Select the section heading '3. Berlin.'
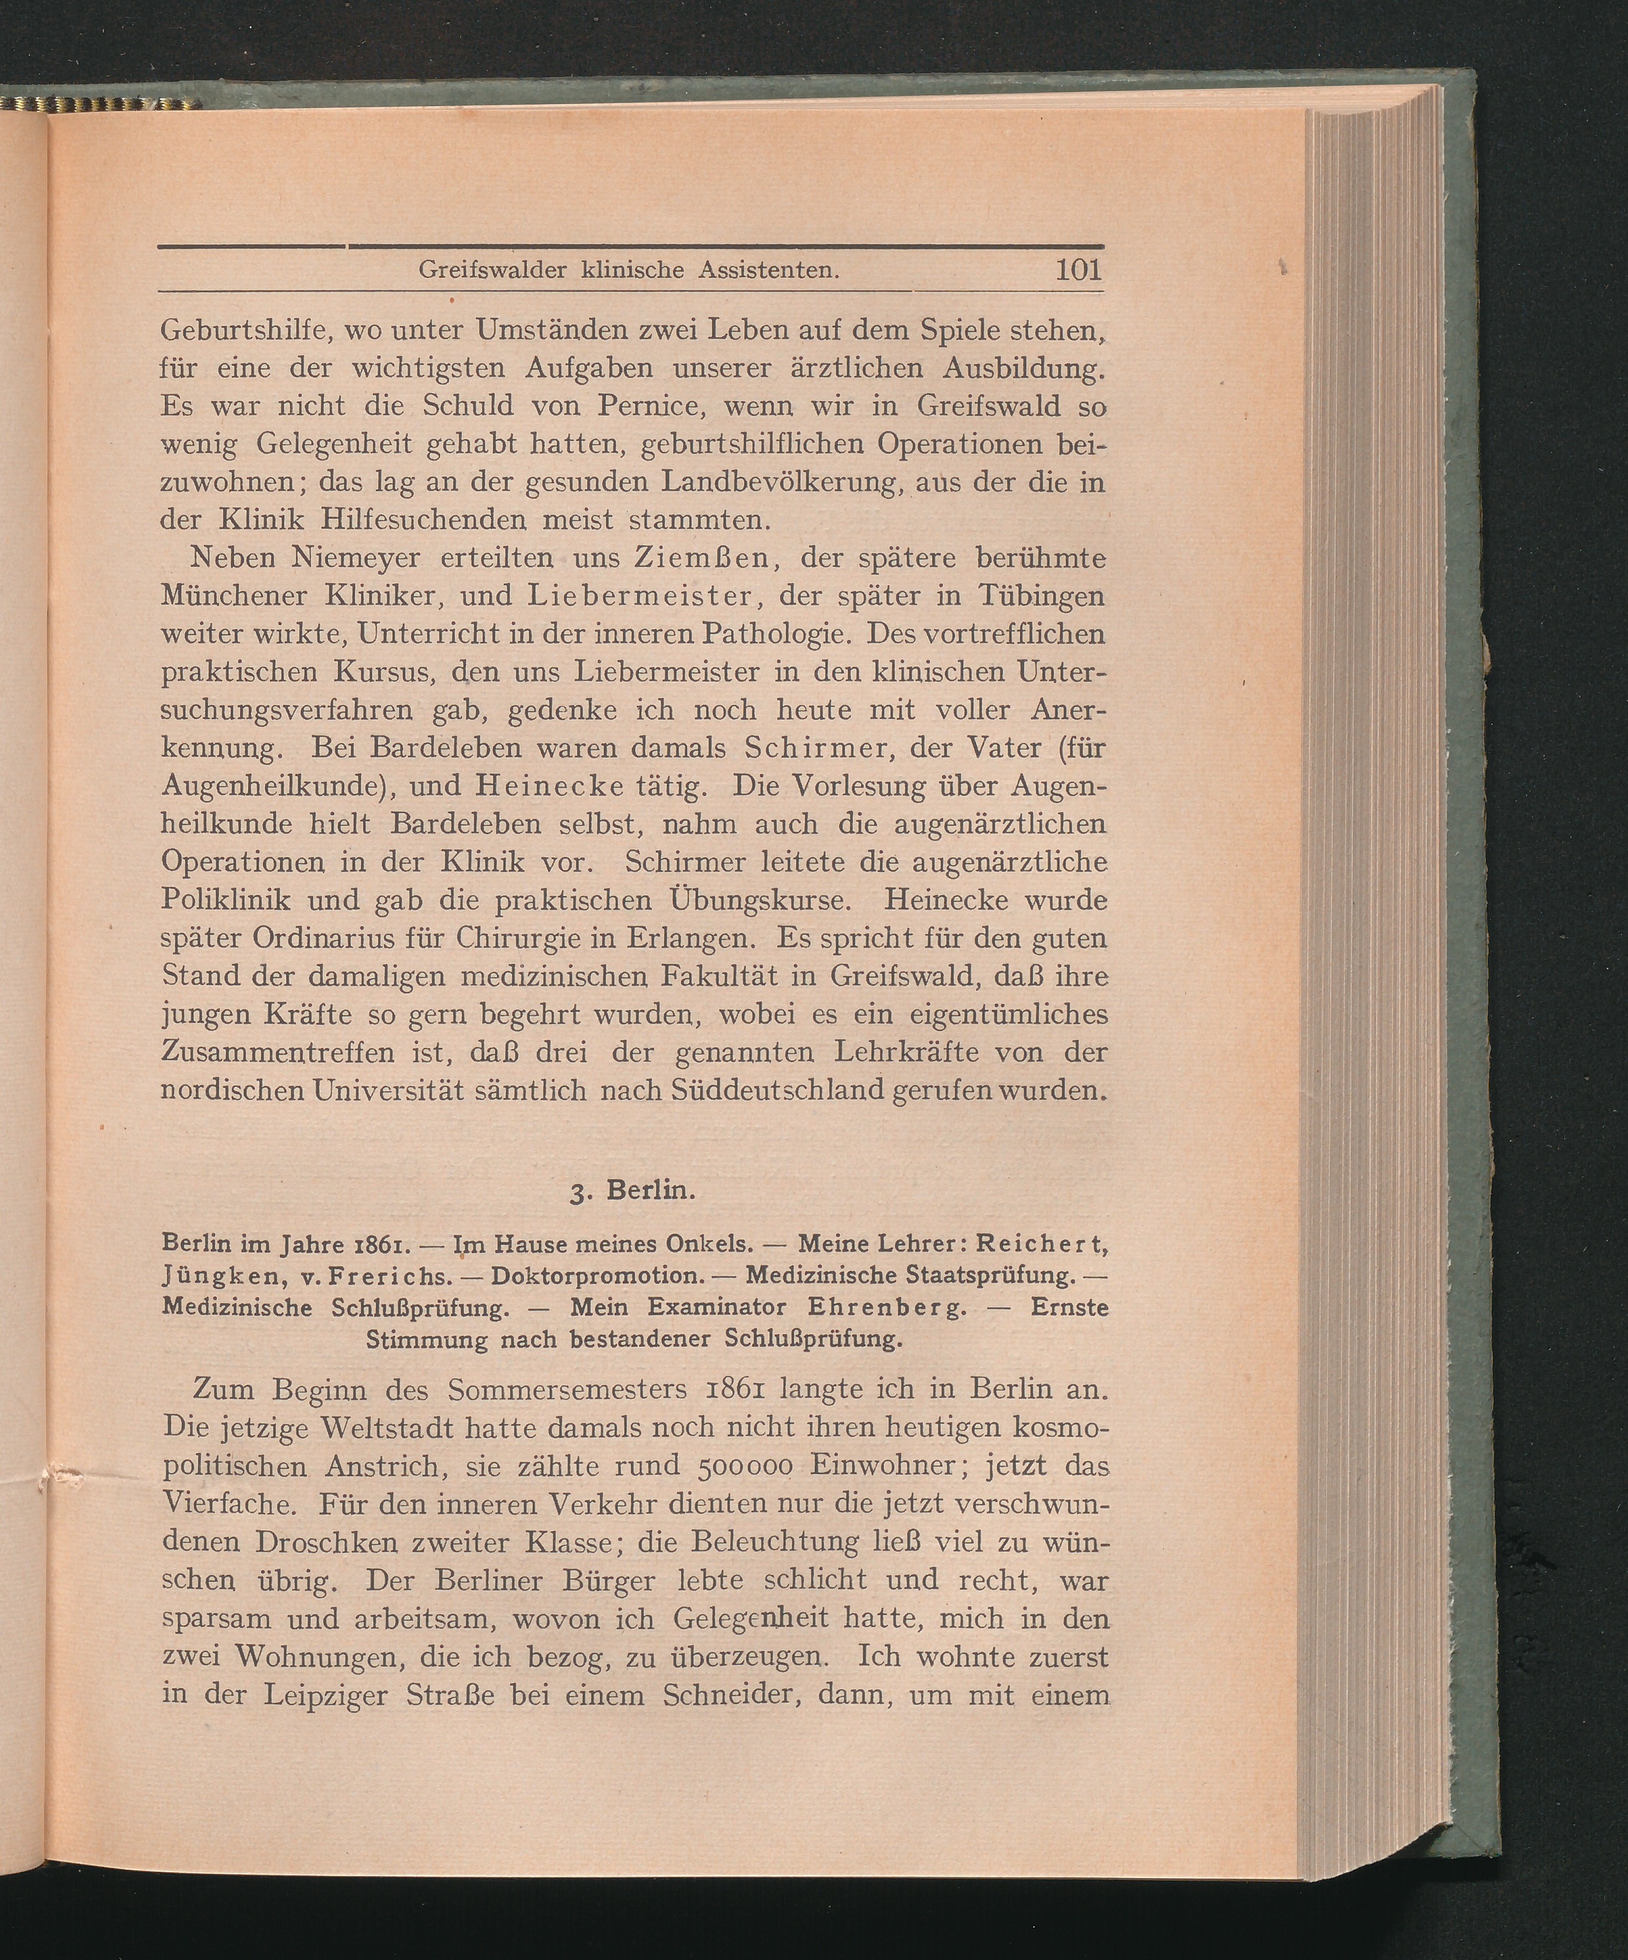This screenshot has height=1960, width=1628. tap(633, 1191)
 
